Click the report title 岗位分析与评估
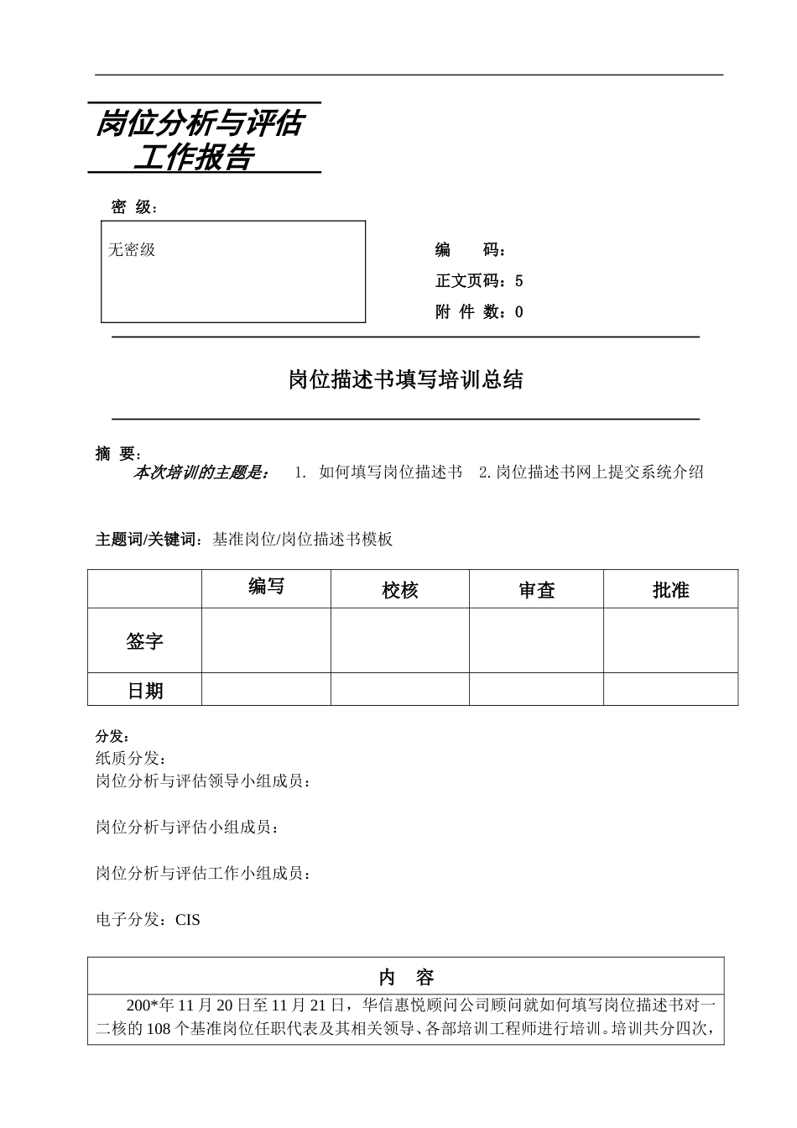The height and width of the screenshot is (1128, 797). [x=199, y=124]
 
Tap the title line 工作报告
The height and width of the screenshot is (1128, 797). [x=199, y=157]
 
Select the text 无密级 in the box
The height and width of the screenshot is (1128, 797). [x=132, y=250]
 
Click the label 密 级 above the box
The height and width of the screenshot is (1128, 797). [x=133, y=207]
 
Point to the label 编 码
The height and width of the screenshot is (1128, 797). [x=469, y=250]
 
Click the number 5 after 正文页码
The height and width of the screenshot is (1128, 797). [x=519, y=281]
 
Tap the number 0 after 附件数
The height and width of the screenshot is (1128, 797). [x=519, y=312]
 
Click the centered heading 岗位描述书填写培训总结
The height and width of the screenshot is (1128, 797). [x=405, y=380]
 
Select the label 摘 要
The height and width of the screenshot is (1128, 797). [x=117, y=454]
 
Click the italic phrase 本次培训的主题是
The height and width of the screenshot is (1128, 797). [x=201, y=473]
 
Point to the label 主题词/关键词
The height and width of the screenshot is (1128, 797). [x=148, y=540]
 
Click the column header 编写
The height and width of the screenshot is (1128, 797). [x=266, y=587]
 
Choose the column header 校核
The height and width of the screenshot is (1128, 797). [x=399, y=591]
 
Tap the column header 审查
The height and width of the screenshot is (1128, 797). [x=536, y=591]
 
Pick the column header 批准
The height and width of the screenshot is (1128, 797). [x=670, y=591]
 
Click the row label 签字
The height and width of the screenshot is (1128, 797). [x=144, y=642]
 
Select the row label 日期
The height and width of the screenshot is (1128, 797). [x=144, y=691]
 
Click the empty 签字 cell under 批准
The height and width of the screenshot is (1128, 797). [x=670, y=640]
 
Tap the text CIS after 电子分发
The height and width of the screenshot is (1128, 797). [x=188, y=920]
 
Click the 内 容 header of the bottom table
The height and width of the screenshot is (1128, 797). [x=406, y=977]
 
